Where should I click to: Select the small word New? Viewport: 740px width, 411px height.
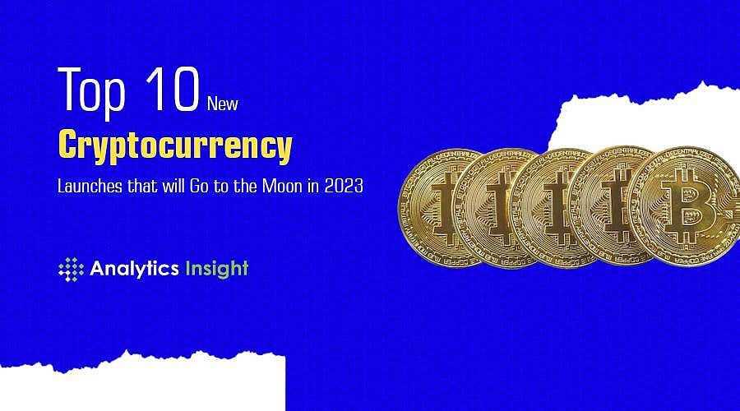pos(223,104)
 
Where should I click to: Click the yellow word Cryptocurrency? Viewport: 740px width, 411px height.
pos(175,145)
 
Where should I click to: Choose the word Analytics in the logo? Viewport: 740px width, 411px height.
pos(132,268)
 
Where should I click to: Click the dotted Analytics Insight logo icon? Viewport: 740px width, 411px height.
pos(72,269)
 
